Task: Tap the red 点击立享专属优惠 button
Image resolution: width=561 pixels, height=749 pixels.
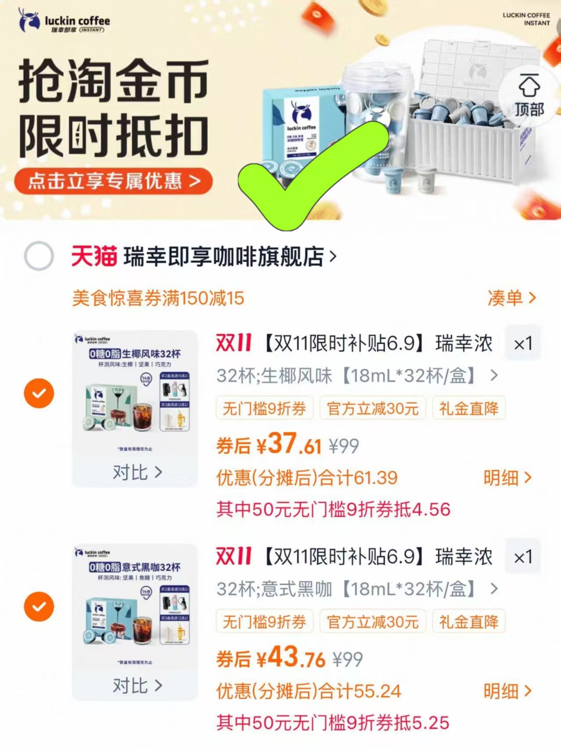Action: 113,181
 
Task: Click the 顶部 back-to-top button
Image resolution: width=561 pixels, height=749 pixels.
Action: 529,96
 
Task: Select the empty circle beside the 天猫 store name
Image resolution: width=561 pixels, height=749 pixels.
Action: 39,256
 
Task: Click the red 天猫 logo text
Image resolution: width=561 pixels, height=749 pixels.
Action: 94,256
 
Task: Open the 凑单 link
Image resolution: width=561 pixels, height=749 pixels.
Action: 511,298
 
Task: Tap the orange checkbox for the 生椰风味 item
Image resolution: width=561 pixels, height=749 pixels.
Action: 39,393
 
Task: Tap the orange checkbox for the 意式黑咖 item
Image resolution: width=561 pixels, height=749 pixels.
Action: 39,606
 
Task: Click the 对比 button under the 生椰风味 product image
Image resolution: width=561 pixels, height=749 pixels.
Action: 137,472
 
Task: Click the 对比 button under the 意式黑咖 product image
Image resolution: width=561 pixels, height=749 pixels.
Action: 137,685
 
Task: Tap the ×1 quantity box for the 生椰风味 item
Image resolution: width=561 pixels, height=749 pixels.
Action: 523,343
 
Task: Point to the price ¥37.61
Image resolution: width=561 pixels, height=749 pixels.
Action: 289,445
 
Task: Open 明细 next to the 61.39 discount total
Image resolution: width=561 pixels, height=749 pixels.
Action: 507,478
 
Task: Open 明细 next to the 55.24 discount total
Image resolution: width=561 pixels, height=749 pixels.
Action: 507,691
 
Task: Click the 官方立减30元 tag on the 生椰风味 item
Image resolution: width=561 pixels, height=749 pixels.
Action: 372,409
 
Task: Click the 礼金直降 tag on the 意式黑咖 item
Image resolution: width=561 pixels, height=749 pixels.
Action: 468,622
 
